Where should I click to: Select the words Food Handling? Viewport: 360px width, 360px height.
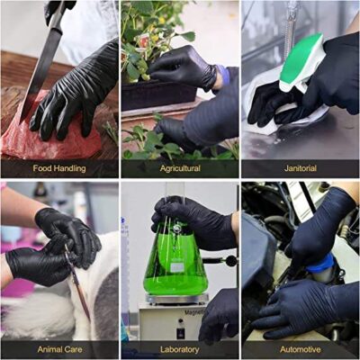[59, 168]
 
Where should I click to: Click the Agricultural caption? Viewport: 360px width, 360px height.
[180, 168]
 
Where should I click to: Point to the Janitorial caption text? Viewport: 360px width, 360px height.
[301, 168]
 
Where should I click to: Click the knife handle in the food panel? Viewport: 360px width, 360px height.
[56, 11]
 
